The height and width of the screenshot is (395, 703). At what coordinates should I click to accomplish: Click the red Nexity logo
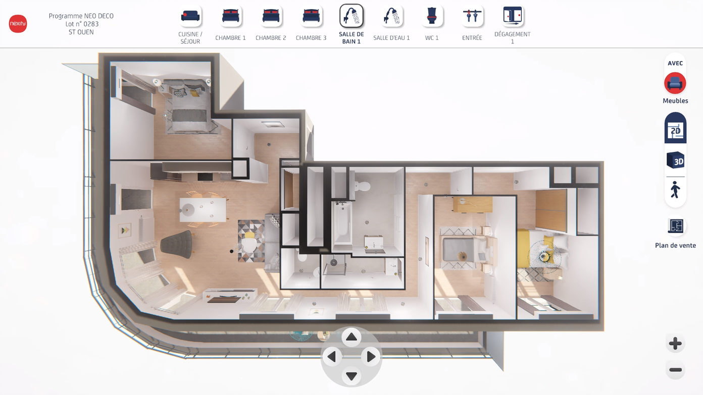coord(18,24)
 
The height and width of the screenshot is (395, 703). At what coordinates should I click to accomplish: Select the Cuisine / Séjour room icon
coord(190,16)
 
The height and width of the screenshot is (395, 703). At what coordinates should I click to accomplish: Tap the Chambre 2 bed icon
coord(271,16)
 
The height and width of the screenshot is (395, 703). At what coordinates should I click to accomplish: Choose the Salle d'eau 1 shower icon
coord(391,16)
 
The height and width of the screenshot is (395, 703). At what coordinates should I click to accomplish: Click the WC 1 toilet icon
coord(431,16)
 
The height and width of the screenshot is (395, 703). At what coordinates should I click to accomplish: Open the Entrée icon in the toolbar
coord(472,16)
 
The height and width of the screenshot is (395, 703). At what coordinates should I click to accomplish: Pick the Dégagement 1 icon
coord(512,16)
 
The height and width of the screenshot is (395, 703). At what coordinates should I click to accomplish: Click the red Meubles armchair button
coord(675,83)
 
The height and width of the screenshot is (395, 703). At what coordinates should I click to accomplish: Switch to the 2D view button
coord(675,128)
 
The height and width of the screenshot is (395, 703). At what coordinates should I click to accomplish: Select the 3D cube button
coord(675,160)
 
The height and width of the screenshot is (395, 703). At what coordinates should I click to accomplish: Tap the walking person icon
coord(675,190)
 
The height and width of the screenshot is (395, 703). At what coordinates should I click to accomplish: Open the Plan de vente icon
coord(675,226)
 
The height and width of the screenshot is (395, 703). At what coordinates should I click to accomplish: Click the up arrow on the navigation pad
coord(351,337)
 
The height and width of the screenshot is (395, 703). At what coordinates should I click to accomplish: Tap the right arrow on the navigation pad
coord(371,357)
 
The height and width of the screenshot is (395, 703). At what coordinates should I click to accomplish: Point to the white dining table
coord(203,209)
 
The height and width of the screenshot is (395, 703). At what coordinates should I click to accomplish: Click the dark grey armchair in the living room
coord(177,244)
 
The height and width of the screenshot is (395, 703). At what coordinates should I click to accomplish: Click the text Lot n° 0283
coord(82,24)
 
